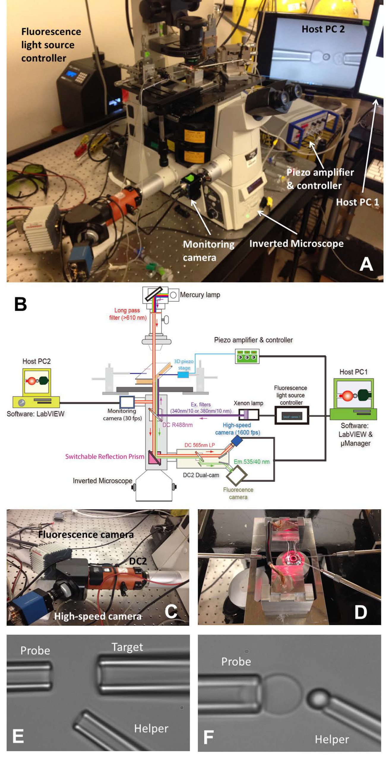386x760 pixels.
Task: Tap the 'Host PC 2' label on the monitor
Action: click(x=323, y=29)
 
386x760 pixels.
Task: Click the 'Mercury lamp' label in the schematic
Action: click(x=200, y=295)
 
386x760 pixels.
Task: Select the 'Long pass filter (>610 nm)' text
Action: click(x=127, y=314)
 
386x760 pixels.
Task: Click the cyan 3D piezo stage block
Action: click(x=183, y=375)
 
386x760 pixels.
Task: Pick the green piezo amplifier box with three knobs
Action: click(x=247, y=356)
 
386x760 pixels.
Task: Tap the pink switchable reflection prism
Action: click(x=154, y=457)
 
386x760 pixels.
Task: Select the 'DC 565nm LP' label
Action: click(x=200, y=445)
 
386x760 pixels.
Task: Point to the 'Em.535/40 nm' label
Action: click(x=251, y=461)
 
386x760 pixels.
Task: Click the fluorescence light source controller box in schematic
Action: click(x=291, y=415)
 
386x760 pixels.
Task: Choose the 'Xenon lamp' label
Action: click(x=248, y=403)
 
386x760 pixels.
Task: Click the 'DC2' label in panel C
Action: click(x=138, y=561)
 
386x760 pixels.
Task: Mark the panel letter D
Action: click(x=360, y=612)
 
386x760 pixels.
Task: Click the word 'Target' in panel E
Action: click(x=127, y=647)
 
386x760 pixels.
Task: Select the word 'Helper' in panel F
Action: click(x=332, y=739)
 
